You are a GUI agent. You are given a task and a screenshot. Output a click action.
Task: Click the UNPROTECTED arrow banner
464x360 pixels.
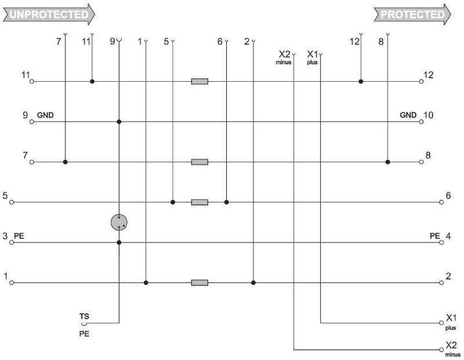tap(49, 14)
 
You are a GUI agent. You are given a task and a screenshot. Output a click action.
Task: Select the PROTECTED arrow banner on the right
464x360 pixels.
tap(412, 14)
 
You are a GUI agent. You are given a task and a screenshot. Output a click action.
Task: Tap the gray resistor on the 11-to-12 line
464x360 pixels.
tap(200, 81)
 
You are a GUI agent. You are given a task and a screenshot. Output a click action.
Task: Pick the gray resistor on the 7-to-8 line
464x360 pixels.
tap(200, 162)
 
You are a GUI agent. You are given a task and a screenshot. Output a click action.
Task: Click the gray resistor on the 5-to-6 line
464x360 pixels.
tap(200, 202)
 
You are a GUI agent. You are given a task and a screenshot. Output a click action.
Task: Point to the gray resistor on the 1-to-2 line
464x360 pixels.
tap(200, 283)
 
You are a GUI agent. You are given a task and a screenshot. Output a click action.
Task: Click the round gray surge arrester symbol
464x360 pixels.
tap(119, 222)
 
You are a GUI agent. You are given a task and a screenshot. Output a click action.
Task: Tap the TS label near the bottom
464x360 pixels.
tap(84, 316)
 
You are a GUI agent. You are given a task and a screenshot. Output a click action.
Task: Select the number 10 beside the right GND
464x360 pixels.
tap(428, 115)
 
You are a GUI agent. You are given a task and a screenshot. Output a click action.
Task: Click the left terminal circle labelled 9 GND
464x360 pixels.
tap(32, 122)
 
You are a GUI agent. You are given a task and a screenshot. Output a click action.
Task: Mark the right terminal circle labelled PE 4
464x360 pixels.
tap(441, 243)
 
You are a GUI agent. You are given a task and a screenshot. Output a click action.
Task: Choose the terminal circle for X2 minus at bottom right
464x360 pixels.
tap(441, 350)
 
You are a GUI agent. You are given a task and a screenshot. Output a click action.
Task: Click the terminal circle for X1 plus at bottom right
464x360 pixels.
tap(441, 323)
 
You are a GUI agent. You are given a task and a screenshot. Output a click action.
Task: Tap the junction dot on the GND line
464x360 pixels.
tap(119, 122)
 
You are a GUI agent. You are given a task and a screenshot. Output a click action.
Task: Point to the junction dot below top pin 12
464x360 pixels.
tap(361, 81)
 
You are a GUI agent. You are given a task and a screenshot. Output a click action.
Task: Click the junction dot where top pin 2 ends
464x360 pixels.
tap(253, 283)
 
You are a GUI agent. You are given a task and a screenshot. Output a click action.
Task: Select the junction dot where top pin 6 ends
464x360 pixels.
tap(226, 202)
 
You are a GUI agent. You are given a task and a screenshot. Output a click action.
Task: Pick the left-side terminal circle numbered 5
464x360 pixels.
tap(12, 202)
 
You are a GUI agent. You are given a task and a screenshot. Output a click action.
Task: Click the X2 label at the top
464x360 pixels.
tap(284, 54)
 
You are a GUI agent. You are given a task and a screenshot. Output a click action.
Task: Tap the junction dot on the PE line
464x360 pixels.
tap(119, 243)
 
